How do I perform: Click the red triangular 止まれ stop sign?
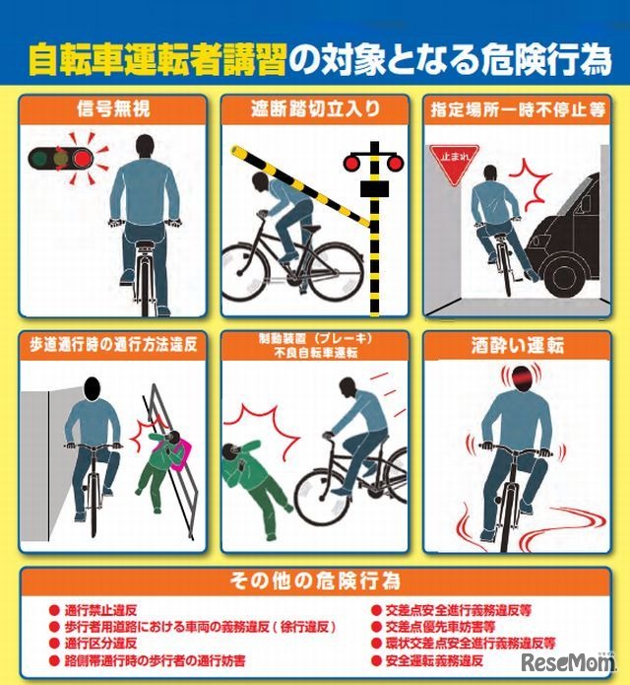pos(454,156)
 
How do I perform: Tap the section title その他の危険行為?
pos(315,580)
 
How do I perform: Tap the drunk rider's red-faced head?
pos(519,379)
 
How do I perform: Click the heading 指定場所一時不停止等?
pos(517,107)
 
